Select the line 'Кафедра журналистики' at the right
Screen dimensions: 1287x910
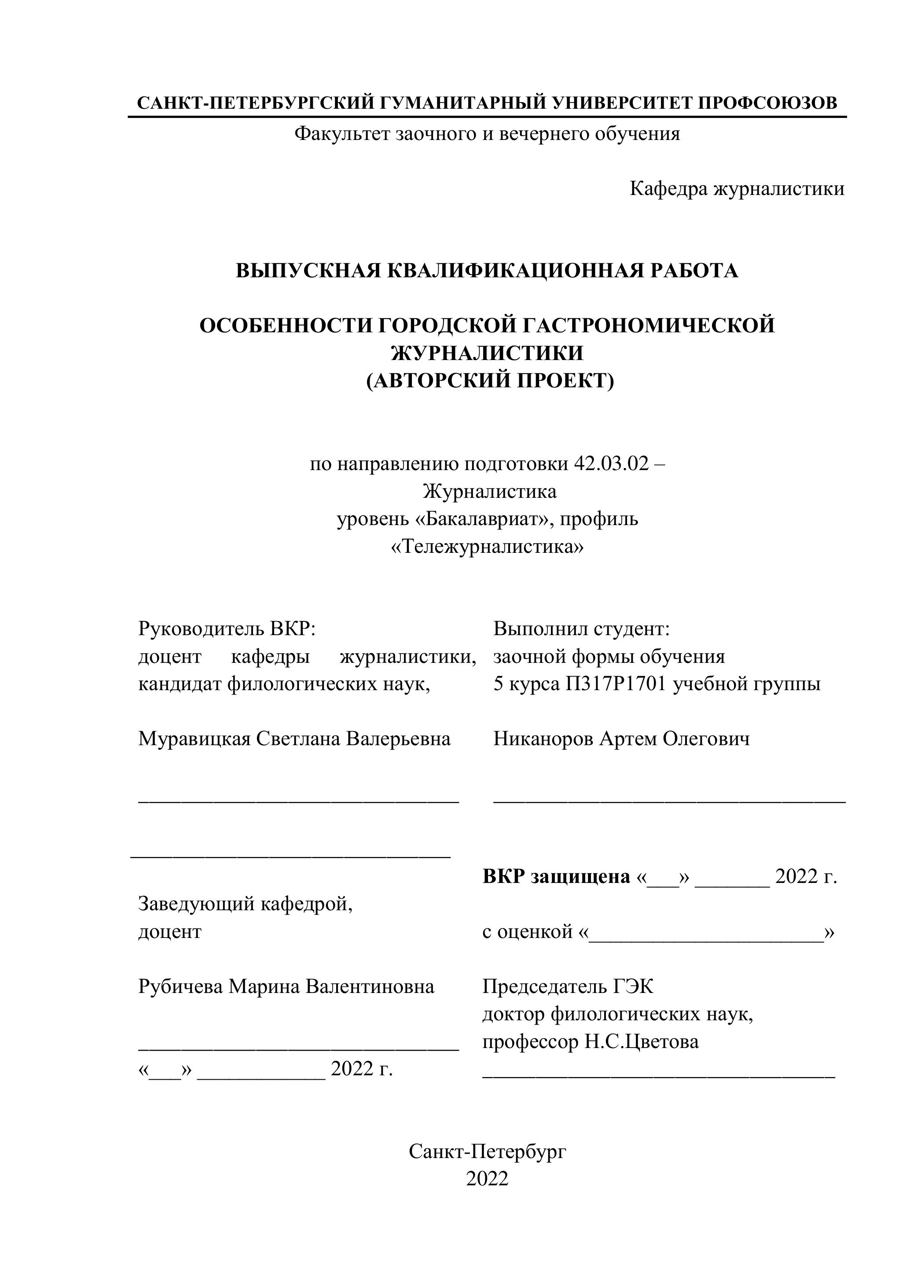point(737,188)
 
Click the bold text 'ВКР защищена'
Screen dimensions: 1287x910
point(556,876)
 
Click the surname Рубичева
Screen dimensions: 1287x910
point(180,986)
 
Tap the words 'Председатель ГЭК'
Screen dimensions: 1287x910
point(568,986)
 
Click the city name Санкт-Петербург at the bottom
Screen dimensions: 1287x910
point(487,1151)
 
